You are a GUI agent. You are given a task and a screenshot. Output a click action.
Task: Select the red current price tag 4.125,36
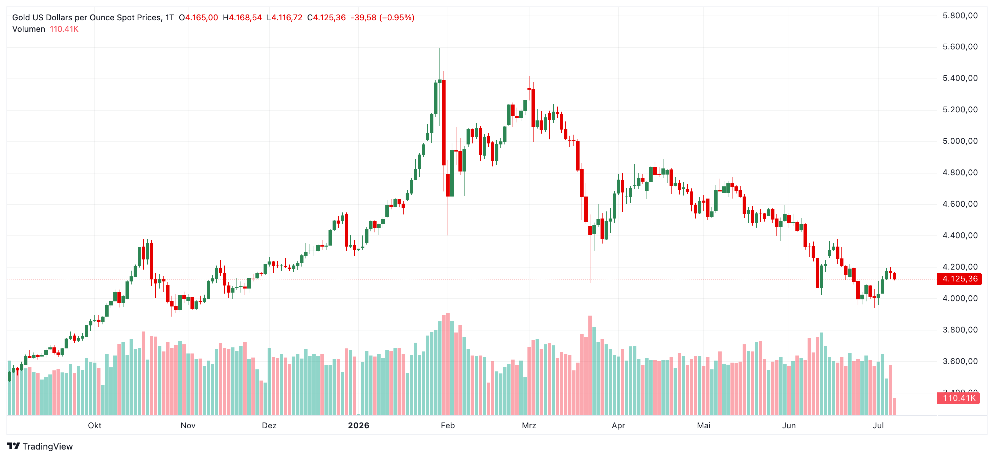tap(959, 279)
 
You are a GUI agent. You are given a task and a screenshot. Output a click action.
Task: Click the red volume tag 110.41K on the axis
tap(958, 398)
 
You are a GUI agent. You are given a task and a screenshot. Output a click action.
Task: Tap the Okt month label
tap(94, 425)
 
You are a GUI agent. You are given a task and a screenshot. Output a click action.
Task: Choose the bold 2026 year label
tap(359, 425)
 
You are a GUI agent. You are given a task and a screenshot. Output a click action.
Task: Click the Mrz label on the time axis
tap(529, 425)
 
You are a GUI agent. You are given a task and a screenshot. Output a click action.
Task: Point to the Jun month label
tap(789, 425)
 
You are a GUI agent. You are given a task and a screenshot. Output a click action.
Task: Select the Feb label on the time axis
tap(448, 425)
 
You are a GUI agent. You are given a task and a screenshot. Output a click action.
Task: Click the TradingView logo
tap(40, 446)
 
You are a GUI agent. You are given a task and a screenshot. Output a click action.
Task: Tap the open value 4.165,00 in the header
tap(201, 17)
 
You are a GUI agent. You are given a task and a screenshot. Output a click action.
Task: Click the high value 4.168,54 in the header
tap(245, 17)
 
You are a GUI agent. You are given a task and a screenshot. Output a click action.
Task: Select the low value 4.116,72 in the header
tap(287, 17)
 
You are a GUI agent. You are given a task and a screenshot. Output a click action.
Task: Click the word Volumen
tap(28, 29)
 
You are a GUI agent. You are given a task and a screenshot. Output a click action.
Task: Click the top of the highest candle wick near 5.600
tap(439, 48)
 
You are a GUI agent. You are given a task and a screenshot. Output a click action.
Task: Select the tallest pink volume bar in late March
tap(590, 365)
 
